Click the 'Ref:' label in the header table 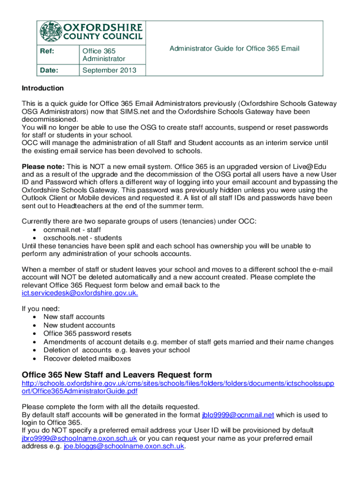(45, 51)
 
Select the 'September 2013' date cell (109, 70)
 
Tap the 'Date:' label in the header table (48, 70)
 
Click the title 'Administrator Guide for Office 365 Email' (234, 49)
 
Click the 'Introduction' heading (43, 88)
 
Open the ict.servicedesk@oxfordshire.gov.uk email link (80, 293)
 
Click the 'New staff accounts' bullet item (74, 317)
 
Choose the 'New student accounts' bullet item (79, 325)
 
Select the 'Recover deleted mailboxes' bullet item (87, 359)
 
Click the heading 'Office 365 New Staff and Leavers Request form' (117, 375)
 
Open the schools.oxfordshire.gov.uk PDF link (178, 387)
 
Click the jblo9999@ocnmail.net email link (238, 415)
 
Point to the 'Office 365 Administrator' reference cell (104, 55)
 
